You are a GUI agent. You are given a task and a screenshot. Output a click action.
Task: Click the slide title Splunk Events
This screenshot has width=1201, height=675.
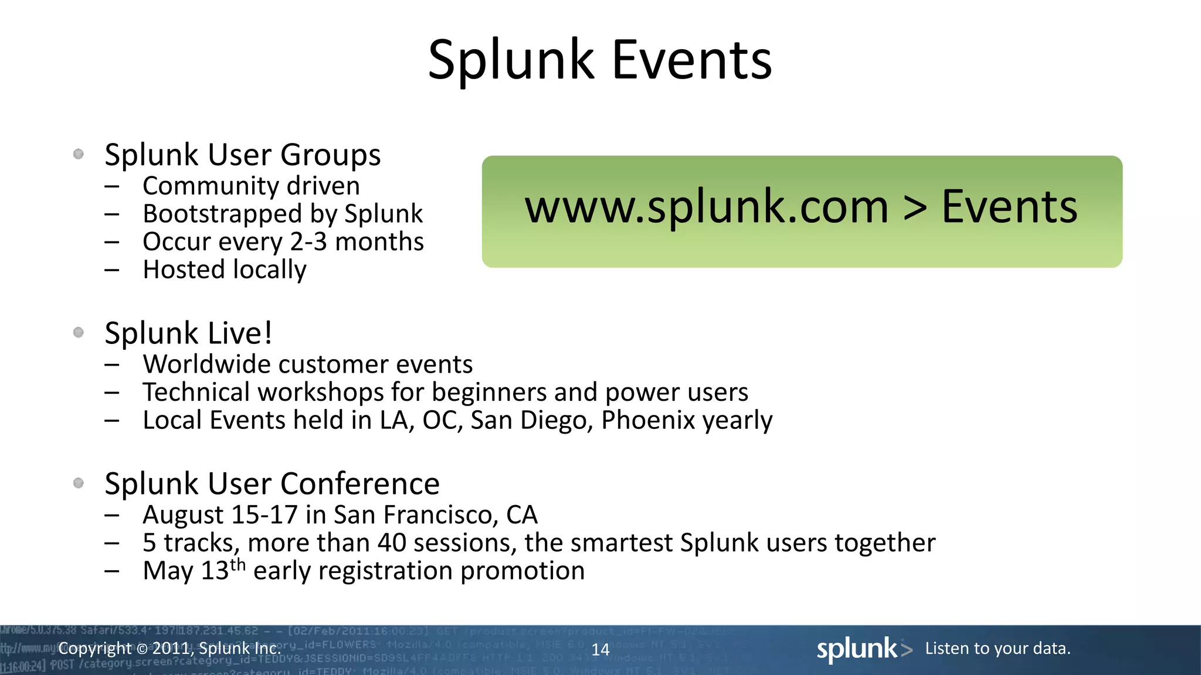tap(600, 60)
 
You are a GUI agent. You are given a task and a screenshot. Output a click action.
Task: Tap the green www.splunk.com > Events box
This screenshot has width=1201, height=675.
tap(802, 212)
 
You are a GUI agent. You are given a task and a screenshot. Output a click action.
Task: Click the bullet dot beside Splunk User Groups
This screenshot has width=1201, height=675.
tap(79, 154)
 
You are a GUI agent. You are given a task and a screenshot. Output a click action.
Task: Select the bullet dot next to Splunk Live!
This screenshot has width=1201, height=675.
tap(79, 333)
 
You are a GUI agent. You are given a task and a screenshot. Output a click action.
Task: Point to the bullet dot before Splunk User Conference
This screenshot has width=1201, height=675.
tap(79, 483)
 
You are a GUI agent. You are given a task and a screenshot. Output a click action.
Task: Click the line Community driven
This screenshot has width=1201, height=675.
tap(251, 186)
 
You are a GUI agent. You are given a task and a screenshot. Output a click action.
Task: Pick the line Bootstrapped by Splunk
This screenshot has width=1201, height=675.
tap(282, 214)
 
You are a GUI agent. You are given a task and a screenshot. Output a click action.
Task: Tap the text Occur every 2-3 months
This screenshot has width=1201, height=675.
tap(283, 242)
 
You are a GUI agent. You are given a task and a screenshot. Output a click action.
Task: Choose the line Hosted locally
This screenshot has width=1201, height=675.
tap(224, 270)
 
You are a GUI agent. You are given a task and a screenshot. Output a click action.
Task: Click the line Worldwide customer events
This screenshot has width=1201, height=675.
tap(307, 364)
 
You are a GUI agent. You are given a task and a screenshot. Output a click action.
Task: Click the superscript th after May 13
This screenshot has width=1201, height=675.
tap(238, 564)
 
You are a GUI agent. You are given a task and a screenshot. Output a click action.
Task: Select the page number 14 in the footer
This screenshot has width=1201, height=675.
tap(600, 649)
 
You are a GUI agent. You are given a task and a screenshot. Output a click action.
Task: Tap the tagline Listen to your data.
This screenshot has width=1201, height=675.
tap(998, 649)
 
